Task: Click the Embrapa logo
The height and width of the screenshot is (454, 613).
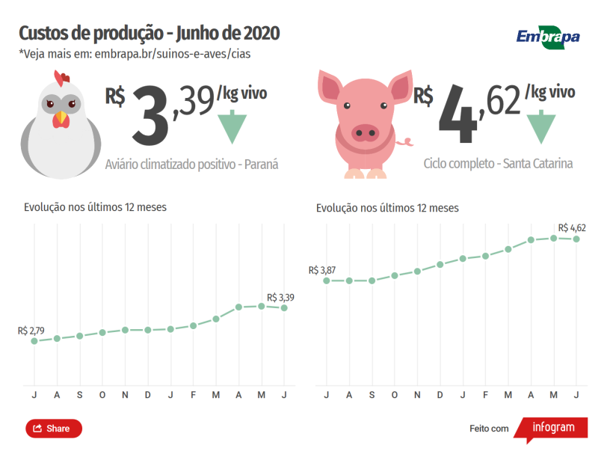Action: (548, 36)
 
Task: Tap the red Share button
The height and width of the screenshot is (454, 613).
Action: (54, 429)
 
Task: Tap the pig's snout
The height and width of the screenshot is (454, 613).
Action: (365, 133)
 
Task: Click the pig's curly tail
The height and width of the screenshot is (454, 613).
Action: (406, 141)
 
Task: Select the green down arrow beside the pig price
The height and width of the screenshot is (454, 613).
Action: (540, 127)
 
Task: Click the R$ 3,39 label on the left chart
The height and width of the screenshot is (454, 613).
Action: (280, 297)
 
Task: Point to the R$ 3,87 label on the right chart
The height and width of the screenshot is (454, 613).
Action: (322, 270)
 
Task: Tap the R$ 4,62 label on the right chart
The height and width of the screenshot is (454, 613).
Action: (571, 227)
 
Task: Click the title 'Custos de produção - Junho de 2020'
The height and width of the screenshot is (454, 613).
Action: (149, 34)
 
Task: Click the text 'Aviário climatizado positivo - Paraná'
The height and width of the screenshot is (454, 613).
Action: (191, 164)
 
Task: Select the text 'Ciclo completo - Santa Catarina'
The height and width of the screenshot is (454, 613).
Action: (498, 162)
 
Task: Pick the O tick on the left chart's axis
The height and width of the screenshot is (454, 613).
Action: (102, 394)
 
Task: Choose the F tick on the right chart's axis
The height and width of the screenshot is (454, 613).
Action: (485, 394)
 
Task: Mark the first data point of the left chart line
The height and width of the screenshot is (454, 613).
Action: (34, 341)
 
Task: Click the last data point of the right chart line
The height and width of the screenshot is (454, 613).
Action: (576, 239)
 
